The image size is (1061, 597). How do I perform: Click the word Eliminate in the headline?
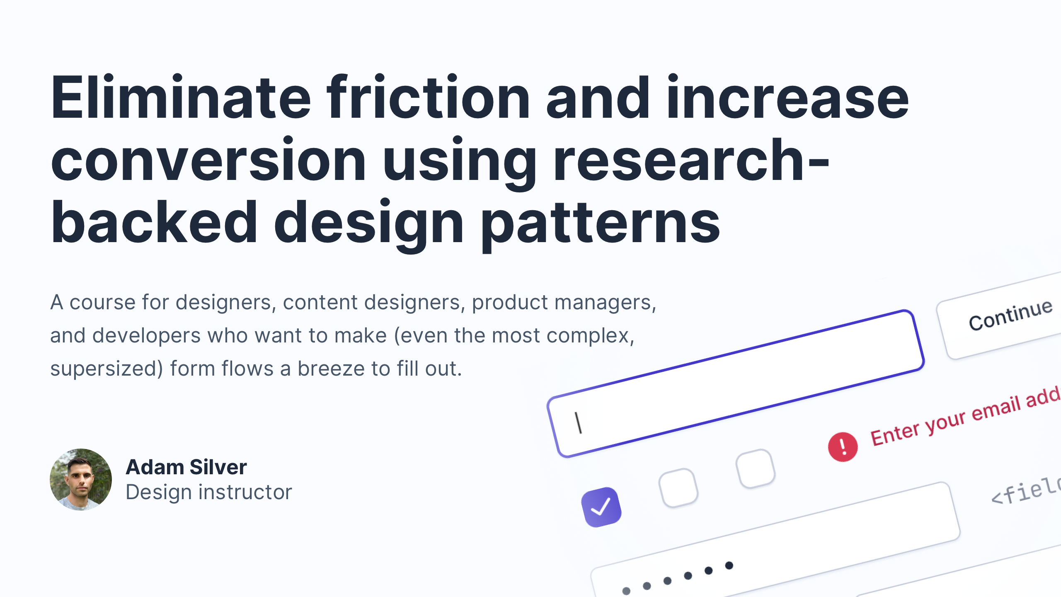(x=181, y=98)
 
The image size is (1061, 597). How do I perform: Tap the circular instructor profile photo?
(x=81, y=479)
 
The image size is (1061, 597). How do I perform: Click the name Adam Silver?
(x=186, y=467)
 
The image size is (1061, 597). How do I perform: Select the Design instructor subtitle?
(x=209, y=492)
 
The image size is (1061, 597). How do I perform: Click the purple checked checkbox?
(x=601, y=507)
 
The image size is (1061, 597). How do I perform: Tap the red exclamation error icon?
(x=843, y=447)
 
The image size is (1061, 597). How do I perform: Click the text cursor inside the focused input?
(x=579, y=422)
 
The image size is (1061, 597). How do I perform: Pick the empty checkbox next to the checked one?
(x=678, y=488)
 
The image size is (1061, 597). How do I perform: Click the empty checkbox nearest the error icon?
(x=755, y=468)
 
